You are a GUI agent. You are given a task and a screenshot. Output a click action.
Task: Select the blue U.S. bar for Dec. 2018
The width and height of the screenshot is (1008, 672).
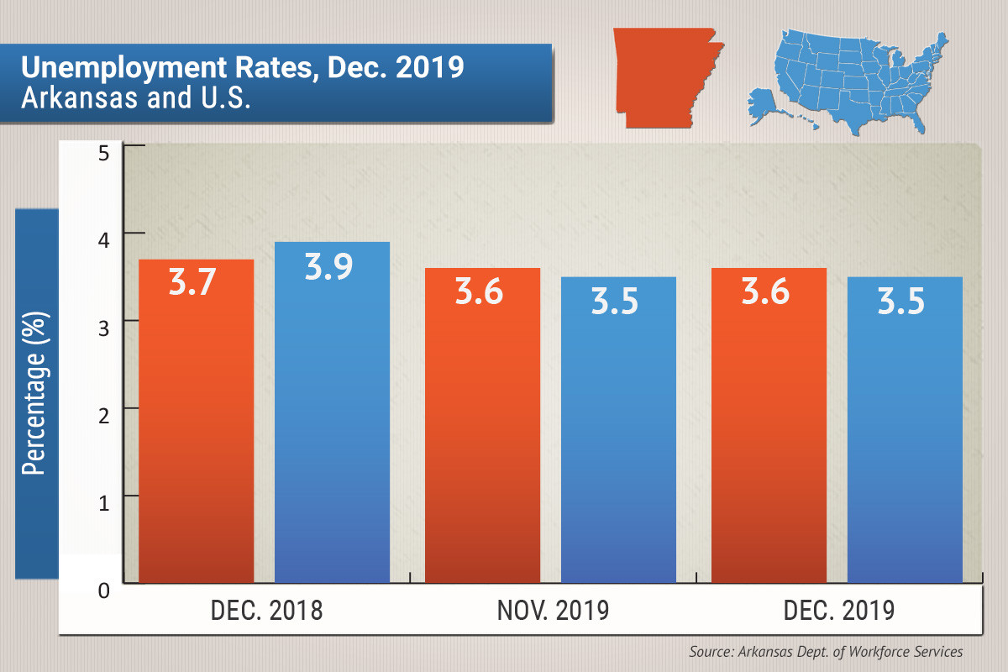[x=333, y=420]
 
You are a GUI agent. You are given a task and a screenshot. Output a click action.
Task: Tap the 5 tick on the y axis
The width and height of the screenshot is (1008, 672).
[x=104, y=154]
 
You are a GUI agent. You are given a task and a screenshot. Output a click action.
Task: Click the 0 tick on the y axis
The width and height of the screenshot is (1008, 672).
[x=104, y=591]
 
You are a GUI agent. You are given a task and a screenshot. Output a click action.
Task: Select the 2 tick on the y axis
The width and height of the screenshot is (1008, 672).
[x=104, y=417]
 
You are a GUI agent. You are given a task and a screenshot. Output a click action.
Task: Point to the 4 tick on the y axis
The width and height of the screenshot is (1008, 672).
[x=104, y=242]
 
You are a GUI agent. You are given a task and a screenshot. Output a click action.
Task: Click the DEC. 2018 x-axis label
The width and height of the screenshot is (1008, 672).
[x=266, y=610]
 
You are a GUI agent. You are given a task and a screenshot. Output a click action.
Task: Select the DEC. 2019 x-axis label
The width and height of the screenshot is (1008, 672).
[x=839, y=610]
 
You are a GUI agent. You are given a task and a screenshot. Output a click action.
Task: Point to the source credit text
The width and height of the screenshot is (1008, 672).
[x=826, y=652]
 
